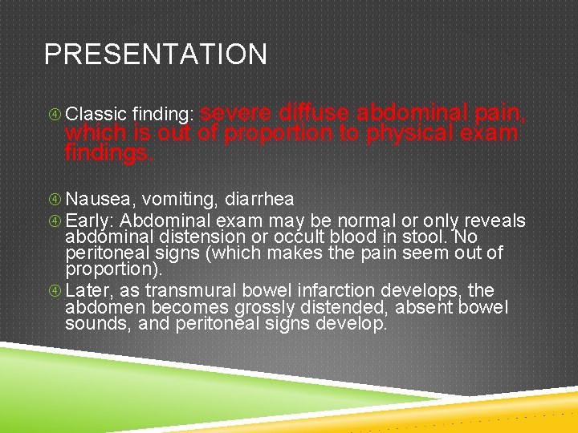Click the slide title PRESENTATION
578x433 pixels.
click(x=155, y=55)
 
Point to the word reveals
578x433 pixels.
click(x=496, y=221)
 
